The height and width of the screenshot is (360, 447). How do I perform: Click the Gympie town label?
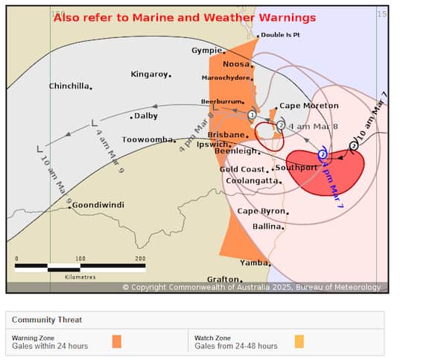(x=206, y=51)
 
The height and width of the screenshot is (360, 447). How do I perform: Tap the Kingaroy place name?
(x=148, y=74)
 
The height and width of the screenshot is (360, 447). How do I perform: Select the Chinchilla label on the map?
(x=69, y=86)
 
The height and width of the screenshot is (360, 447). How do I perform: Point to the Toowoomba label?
(x=148, y=139)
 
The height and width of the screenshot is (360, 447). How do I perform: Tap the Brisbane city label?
(x=226, y=135)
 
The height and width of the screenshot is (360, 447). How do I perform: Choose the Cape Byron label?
(x=260, y=211)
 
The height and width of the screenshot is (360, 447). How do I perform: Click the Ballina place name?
(x=267, y=226)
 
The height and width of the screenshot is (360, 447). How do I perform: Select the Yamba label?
(x=253, y=263)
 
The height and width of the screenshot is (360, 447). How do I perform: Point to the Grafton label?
(x=223, y=280)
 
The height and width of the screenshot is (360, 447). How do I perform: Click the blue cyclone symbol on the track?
(x=322, y=155)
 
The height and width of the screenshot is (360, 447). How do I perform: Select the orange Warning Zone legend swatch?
(x=116, y=341)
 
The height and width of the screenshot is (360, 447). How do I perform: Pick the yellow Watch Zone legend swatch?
(x=299, y=341)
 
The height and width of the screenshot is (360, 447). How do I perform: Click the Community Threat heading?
(x=47, y=320)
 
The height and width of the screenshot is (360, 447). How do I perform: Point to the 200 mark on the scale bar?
(x=140, y=259)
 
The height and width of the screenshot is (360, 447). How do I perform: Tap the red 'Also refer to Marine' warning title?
(x=185, y=18)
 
